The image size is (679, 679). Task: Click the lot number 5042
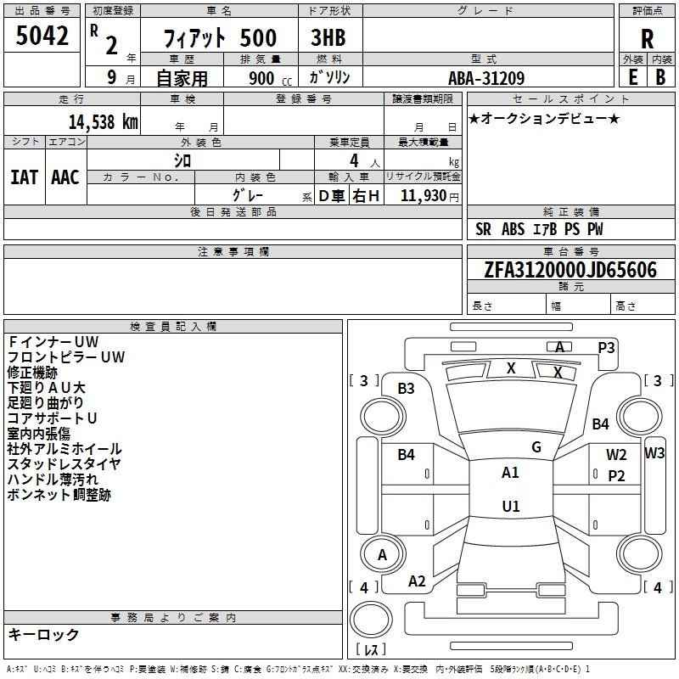42,36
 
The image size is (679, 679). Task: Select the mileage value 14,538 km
103,122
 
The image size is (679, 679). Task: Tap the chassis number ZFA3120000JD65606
570,269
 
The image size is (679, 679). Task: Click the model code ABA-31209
486,78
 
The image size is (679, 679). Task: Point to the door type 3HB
328,37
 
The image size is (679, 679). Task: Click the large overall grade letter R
647,39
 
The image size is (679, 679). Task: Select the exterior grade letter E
632,77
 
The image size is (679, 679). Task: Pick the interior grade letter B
660,77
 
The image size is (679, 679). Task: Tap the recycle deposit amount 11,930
424,196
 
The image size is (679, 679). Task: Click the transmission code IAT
25,177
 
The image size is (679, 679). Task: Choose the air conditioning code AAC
65,177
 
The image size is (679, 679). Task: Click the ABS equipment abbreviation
513,229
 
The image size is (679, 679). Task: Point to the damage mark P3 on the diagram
606,348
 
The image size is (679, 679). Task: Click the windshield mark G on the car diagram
536,447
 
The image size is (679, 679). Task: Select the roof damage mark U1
511,506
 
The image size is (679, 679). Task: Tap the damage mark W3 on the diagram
654,453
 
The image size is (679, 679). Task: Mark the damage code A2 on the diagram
417,581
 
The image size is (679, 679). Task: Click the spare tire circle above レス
371,620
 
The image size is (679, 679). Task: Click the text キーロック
43,635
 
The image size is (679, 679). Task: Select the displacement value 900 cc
271,78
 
